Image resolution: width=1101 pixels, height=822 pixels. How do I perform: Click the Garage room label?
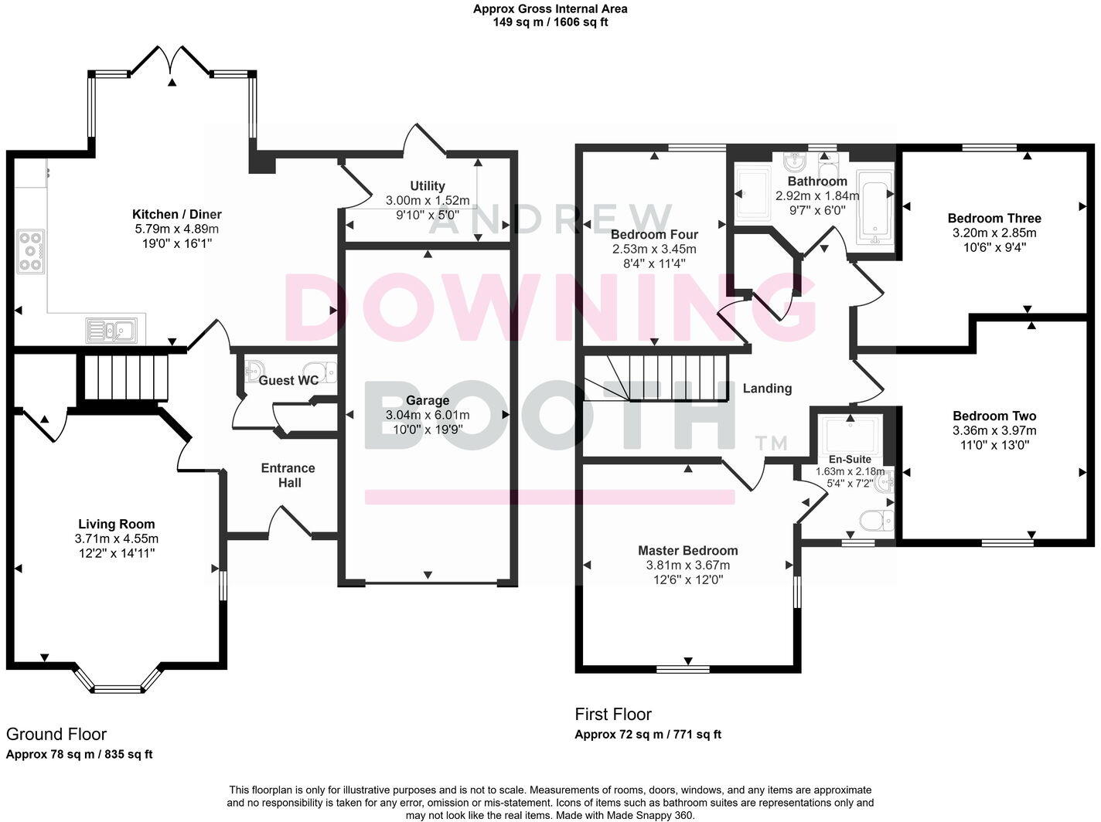click(x=428, y=400)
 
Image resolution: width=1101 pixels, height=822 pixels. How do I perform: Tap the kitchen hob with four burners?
click(x=31, y=252)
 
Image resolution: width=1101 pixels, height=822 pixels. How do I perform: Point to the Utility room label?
click(x=428, y=185)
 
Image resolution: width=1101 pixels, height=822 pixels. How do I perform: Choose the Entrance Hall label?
click(x=288, y=475)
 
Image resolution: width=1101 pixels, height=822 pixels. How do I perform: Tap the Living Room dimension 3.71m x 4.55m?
click(x=117, y=538)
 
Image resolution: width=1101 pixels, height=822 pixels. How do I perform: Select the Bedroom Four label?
click(x=654, y=234)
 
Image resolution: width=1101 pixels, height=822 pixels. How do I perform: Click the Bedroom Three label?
click(x=994, y=218)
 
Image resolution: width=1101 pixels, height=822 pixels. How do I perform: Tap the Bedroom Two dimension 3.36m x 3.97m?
click(x=994, y=430)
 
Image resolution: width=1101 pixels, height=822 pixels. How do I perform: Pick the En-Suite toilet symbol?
click(x=878, y=521)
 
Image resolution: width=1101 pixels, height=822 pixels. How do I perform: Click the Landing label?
click(x=767, y=388)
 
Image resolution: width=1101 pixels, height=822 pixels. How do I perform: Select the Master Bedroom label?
click(x=687, y=550)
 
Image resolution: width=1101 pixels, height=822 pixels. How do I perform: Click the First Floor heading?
click(x=613, y=714)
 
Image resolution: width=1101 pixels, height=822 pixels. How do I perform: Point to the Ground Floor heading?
click(x=56, y=734)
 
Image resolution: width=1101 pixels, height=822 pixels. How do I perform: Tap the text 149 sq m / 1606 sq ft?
click(x=550, y=22)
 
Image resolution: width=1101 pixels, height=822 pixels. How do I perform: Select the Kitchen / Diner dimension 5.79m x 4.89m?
click(x=177, y=229)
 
